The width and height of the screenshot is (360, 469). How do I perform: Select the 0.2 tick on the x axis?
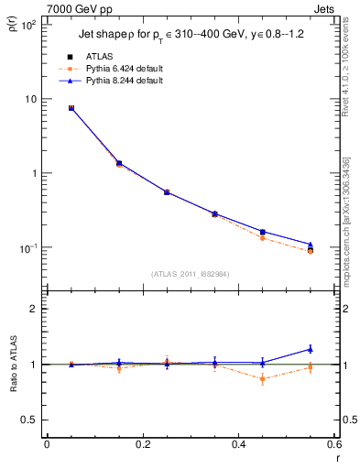[x=142, y=444]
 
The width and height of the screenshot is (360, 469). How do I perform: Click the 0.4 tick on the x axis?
[x=238, y=444]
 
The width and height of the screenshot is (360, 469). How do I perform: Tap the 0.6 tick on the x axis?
[x=333, y=444]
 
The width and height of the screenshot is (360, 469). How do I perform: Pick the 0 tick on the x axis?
[x=47, y=444]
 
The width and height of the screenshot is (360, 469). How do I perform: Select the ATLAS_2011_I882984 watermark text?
[x=190, y=273]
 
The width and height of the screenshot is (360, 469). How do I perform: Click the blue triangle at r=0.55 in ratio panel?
[x=311, y=349]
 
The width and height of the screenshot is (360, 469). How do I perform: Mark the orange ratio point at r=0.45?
[x=263, y=378]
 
